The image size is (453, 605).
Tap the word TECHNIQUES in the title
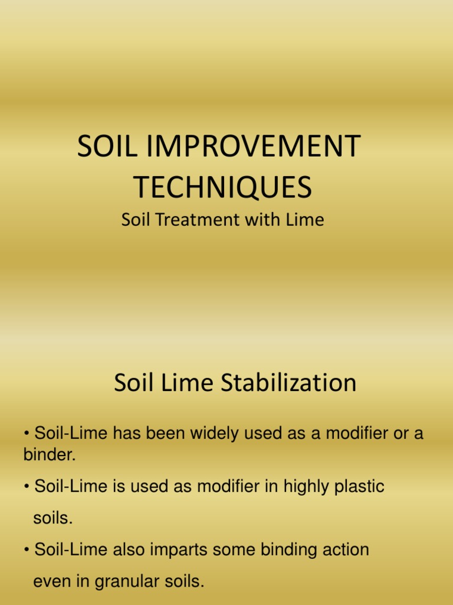222,187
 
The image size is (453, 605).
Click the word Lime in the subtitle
306,220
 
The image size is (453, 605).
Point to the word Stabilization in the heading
288,383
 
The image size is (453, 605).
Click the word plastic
360,487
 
